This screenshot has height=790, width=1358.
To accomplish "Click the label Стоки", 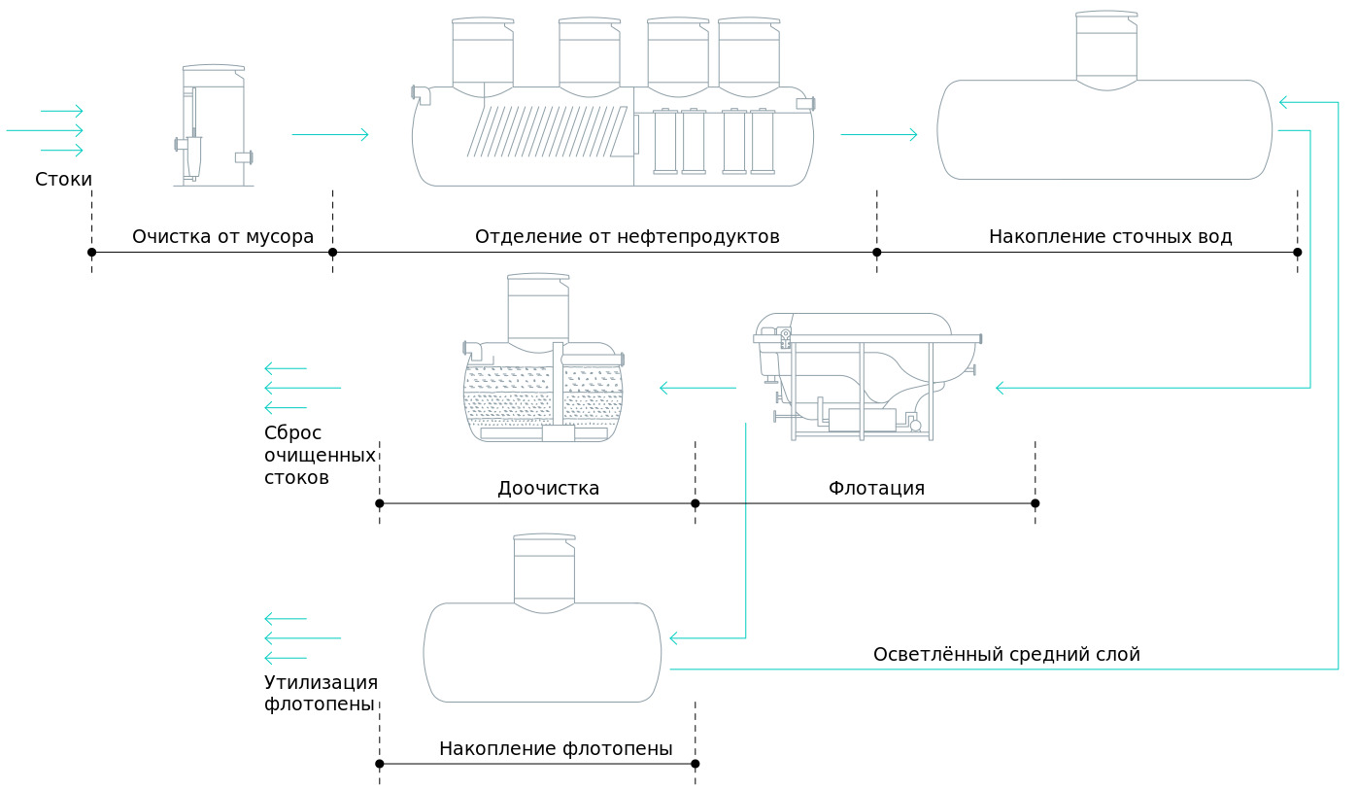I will [63, 180].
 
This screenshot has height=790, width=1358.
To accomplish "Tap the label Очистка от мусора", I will [222, 236].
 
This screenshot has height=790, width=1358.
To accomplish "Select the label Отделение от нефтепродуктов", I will [627, 236].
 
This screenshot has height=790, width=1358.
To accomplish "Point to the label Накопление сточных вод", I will [1109, 236].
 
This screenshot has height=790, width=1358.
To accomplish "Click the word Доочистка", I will [548, 488].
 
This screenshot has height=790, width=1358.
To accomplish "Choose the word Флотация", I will [876, 488].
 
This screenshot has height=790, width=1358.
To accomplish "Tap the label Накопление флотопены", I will [556, 748].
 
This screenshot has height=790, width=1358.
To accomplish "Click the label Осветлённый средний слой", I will [1005, 654].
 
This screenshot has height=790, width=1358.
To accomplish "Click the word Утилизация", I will [321, 681].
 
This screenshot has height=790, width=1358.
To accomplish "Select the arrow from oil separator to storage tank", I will [878, 134].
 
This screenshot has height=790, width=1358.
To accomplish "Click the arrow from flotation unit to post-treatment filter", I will [697, 389].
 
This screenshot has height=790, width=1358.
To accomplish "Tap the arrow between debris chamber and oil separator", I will [329, 134].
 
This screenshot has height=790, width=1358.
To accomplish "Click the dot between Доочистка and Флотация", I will [695, 503].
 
